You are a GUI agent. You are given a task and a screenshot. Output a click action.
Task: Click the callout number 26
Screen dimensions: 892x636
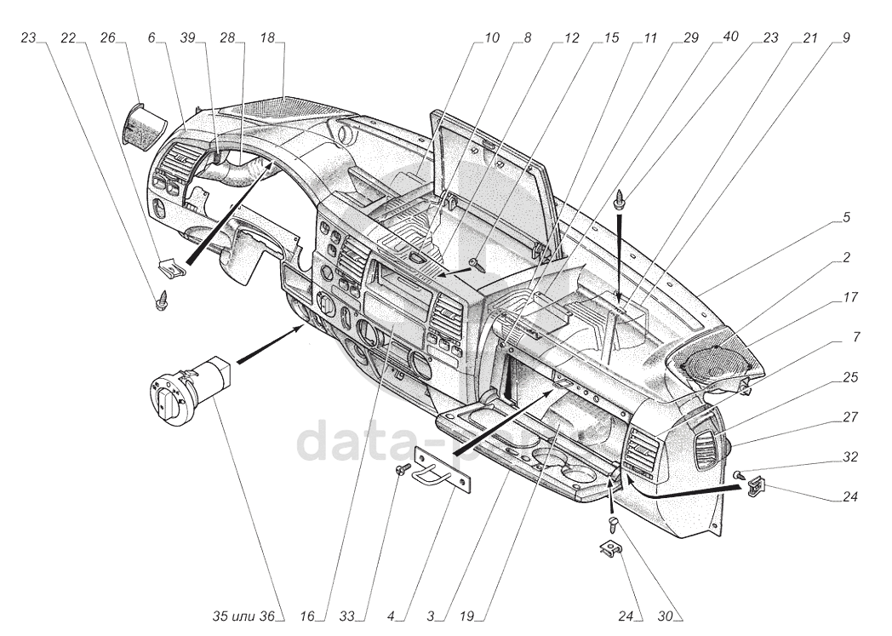[108, 38]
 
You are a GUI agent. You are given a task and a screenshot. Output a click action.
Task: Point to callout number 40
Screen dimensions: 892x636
[730, 38]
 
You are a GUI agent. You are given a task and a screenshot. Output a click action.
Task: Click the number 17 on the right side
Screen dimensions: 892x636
[850, 298]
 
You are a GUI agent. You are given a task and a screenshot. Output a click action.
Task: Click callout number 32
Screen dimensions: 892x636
[850, 456]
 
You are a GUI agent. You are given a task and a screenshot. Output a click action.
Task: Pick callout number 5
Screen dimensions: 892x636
[846, 217]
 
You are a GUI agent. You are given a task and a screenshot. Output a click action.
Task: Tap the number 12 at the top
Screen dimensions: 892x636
[571, 38]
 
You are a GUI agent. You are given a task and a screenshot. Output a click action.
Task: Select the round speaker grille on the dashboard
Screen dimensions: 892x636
[719, 365]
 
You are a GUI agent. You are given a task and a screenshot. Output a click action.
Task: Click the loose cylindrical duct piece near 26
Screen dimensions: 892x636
[143, 124]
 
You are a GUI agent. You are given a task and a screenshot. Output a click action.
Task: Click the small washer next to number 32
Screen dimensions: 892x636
[741, 473]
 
